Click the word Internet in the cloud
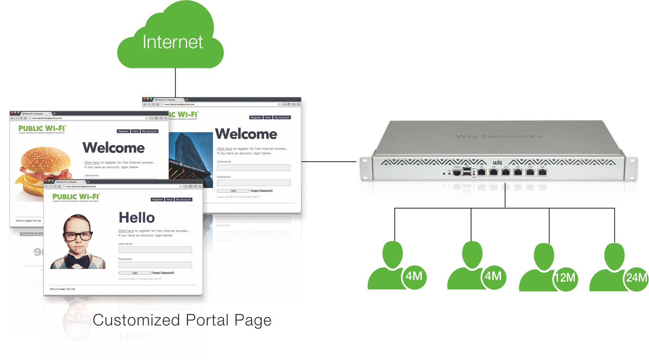point(173,42)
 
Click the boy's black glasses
point(78,236)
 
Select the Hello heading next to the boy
point(137,218)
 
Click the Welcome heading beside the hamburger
point(114,148)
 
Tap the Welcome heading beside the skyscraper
point(246,134)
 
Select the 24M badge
point(636,277)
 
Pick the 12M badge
point(565,277)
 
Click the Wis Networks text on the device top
point(498,136)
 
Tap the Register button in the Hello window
point(158,200)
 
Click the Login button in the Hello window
point(135,273)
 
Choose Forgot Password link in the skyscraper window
point(262,191)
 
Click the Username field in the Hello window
point(155,250)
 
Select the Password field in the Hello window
point(155,265)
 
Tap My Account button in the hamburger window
point(149,131)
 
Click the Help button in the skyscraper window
point(268,118)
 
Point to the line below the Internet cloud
point(176,83)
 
